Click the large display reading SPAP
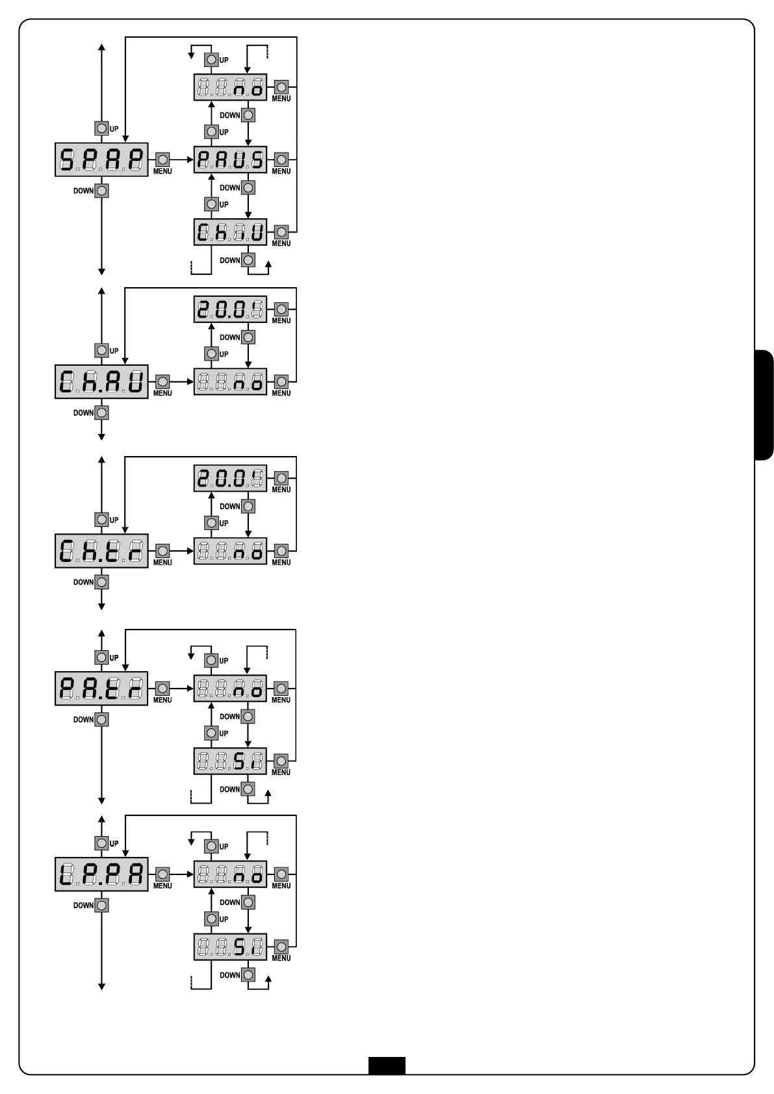[x=101, y=160]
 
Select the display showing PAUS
[x=230, y=160]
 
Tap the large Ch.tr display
[x=101, y=551]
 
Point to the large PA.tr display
[x=101, y=689]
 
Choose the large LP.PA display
[x=101, y=874]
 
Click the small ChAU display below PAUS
[x=230, y=232]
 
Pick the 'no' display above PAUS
[x=230, y=87]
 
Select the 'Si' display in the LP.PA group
[x=230, y=947]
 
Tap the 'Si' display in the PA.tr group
[x=230, y=761]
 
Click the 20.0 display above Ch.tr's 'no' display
[x=230, y=479]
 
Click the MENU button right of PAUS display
[x=281, y=160]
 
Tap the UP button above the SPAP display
[x=101, y=128]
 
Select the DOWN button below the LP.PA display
[x=101, y=905]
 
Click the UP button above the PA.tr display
[x=101, y=657]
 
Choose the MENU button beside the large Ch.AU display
[x=162, y=382]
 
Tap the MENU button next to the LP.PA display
[x=162, y=874]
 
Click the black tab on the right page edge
[x=764, y=405]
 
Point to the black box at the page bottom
[x=387, y=1065]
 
